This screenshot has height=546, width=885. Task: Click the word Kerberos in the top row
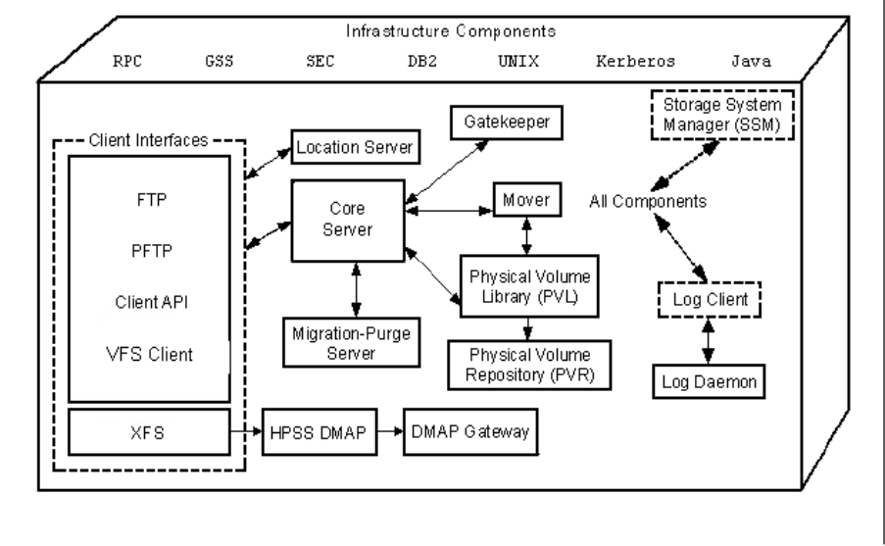click(x=636, y=60)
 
